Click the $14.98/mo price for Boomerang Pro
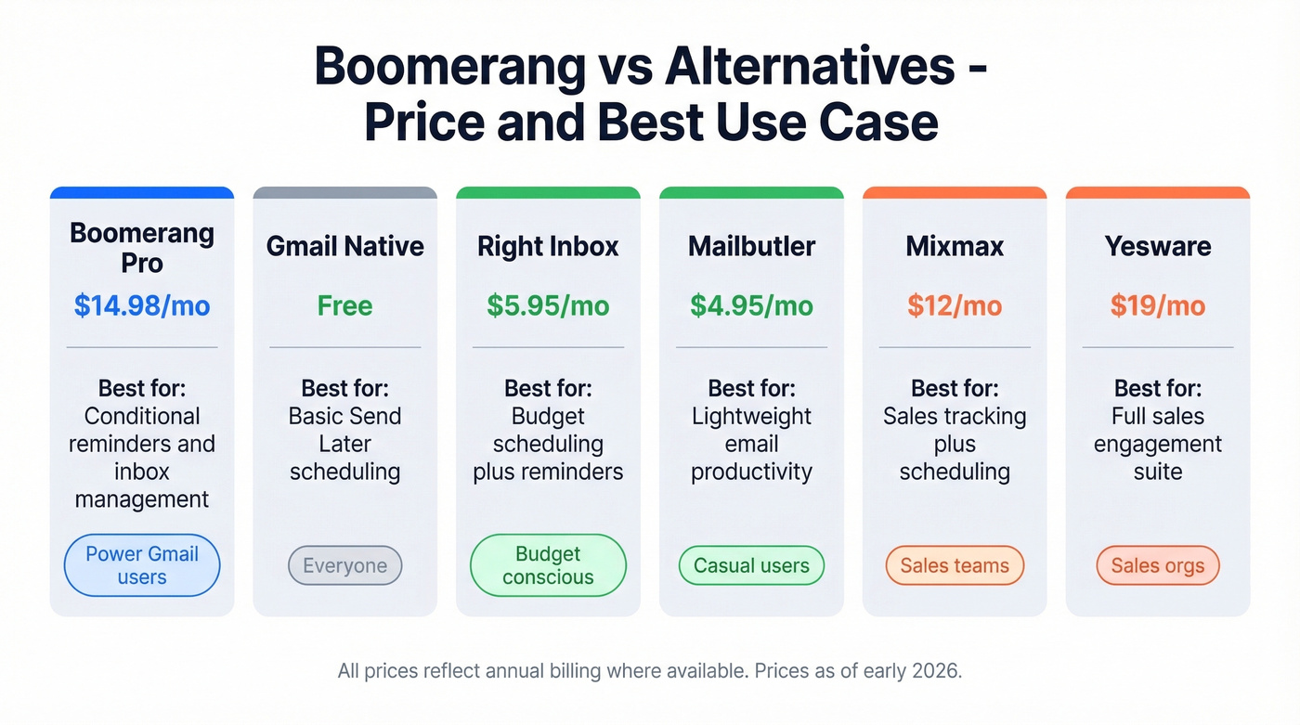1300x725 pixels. (x=142, y=305)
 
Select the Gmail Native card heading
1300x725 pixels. (x=344, y=246)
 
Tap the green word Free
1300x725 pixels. (x=344, y=305)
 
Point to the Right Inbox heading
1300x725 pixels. (x=548, y=246)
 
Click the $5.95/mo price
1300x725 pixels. (x=548, y=305)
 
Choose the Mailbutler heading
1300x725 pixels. (x=751, y=246)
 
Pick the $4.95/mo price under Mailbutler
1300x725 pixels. (x=751, y=305)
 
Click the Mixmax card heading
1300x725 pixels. (x=955, y=246)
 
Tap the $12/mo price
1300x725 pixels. (x=955, y=305)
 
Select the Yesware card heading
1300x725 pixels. (x=1158, y=246)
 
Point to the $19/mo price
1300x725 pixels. (x=1158, y=305)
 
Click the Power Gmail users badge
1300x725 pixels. (x=142, y=565)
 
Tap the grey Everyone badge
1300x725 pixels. (x=345, y=565)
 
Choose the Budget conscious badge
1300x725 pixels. (x=548, y=565)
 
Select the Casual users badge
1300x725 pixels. (x=751, y=565)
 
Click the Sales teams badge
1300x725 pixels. (x=955, y=565)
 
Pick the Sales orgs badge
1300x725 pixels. (x=1158, y=565)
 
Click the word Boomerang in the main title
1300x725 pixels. (x=450, y=67)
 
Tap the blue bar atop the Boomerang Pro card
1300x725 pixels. (x=142, y=192)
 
